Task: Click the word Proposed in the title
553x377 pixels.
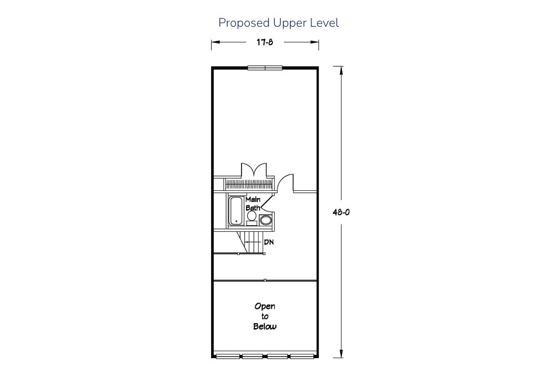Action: click(244, 23)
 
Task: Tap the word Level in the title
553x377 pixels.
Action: click(324, 23)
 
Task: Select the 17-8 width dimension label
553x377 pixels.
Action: click(265, 42)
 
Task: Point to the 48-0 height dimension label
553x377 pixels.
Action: click(341, 212)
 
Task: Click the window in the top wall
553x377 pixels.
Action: click(265, 68)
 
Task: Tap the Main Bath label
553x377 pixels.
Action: click(253, 203)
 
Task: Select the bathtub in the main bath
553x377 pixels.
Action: click(236, 211)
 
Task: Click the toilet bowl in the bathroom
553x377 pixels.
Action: click(252, 216)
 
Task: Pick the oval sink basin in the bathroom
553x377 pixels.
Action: click(265, 220)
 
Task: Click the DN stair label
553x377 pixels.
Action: click(269, 242)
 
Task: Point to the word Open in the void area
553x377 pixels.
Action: click(265, 307)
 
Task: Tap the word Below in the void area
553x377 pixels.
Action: click(265, 326)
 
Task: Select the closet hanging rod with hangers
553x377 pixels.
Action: click(249, 184)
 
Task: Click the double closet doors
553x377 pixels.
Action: click(254, 170)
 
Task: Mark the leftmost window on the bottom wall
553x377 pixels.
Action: click(228, 356)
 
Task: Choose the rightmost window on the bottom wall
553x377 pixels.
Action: click(302, 356)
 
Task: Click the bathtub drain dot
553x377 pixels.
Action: click(236, 221)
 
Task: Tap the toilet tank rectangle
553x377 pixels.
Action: click(252, 223)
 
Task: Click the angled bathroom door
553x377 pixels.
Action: click(267, 202)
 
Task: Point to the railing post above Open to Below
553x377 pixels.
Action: click(265, 280)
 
